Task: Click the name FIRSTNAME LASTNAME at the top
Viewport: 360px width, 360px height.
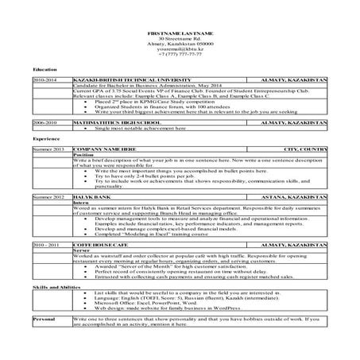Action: click(180, 32)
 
